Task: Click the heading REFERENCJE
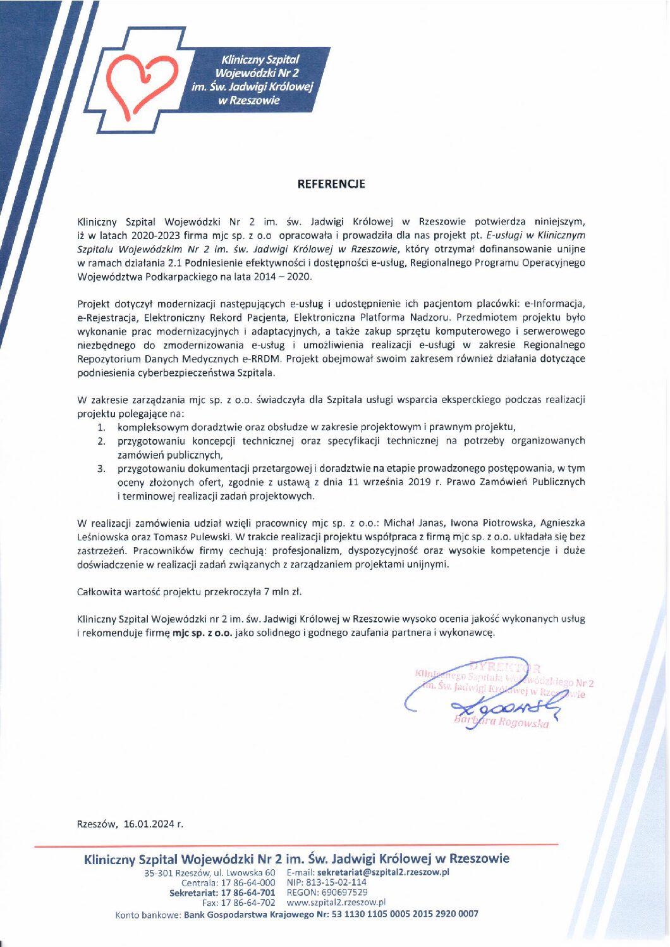[x=331, y=184]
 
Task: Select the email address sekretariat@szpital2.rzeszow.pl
[x=383, y=872]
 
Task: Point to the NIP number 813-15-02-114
[x=336, y=882]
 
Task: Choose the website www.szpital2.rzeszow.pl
[x=336, y=902]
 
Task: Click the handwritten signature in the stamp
[x=499, y=703]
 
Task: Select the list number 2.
[x=101, y=441]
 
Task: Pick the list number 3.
[x=101, y=468]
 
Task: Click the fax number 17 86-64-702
[x=248, y=902]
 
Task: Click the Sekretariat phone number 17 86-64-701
[x=248, y=892]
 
